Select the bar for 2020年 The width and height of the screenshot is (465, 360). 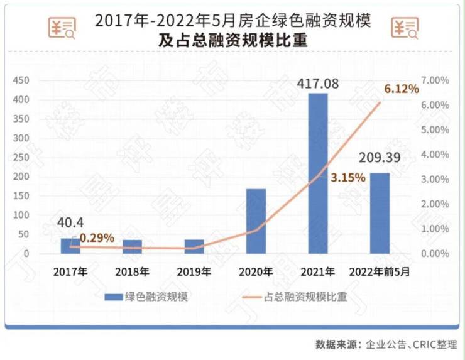click(x=256, y=221)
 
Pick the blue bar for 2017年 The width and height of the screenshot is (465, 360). click(x=70, y=246)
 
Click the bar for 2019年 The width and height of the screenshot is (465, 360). click(x=194, y=247)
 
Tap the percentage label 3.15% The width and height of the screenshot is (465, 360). click(x=347, y=178)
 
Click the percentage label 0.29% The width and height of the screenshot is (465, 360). click(x=97, y=237)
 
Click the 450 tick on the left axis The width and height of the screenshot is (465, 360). click(x=22, y=80)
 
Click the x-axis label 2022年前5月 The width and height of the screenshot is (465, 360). click(x=380, y=272)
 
